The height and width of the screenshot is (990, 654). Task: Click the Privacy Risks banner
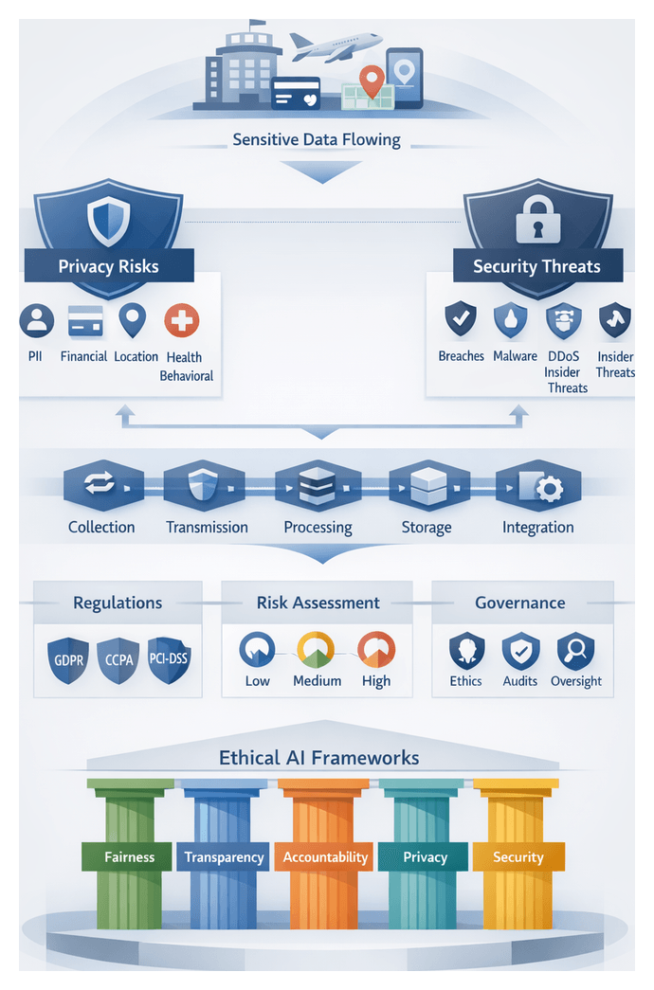(108, 266)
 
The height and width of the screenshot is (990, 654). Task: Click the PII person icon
(36, 321)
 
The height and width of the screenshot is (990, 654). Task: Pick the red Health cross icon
(181, 321)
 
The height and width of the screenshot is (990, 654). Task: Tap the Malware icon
(510, 320)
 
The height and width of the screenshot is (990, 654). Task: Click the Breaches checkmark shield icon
(461, 320)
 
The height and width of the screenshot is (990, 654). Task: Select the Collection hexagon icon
(100, 486)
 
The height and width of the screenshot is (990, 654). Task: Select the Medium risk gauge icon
(316, 649)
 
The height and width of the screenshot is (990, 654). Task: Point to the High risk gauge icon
(375, 649)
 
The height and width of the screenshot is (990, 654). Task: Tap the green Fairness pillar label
(129, 857)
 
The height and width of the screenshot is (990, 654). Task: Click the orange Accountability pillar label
(325, 857)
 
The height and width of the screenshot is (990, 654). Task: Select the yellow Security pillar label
(518, 857)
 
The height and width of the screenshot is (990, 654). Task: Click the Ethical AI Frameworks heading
(318, 757)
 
